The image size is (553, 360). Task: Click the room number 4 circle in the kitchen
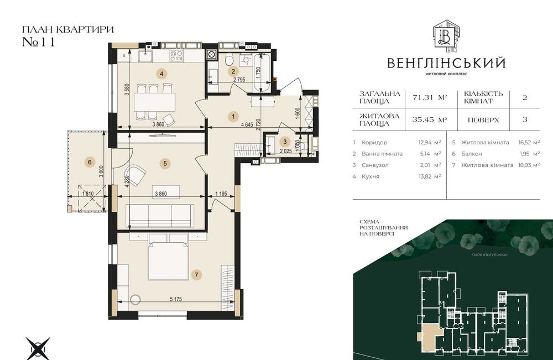pos(161,73)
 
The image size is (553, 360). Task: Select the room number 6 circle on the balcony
pos(88,162)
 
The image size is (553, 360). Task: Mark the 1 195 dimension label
pos(221,195)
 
